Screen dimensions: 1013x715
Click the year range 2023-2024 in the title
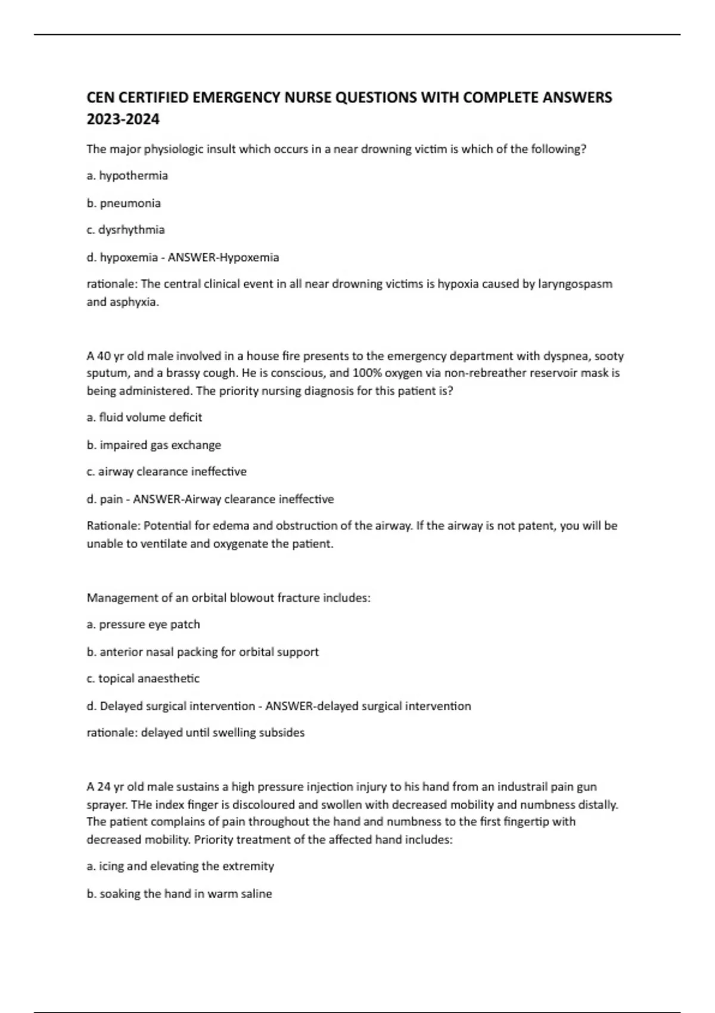tap(123, 120)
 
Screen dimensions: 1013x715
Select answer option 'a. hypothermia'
tap(128, 176)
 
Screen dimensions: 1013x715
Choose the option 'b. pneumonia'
tap(124, 203)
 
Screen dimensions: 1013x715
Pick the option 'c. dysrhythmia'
tap(126, 230)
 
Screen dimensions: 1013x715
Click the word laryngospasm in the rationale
tap(575, 284)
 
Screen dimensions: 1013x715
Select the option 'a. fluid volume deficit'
tap(144, 418)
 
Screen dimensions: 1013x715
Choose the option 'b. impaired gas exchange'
tap(154, 445)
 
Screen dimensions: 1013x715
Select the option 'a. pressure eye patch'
tap(144, 624)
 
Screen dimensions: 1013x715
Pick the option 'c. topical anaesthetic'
tap(143, 679)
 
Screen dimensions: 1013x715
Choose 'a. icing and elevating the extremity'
tap(181, 866)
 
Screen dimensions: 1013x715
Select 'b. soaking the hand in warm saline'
tap(179, 894)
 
